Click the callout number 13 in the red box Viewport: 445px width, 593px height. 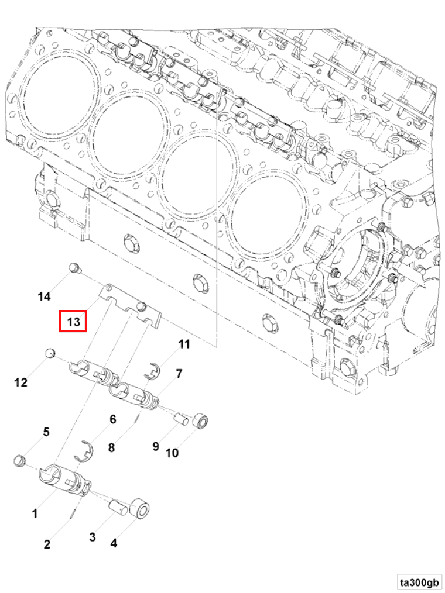73,322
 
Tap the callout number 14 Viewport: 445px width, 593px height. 44,296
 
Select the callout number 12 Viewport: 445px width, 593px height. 21,382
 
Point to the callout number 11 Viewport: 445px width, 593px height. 184,344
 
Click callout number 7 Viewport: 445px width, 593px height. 179,374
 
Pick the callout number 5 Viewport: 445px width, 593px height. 46,432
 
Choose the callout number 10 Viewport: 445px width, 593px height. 172,452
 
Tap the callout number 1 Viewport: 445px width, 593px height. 35,513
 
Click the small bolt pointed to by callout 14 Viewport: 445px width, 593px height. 73,268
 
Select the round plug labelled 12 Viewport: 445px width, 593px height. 50,353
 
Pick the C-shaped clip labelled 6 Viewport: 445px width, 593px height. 85,451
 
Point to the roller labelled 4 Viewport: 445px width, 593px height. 140,509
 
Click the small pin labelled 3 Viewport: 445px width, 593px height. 118,507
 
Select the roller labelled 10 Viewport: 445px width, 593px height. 201,422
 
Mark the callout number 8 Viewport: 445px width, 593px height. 111,447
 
